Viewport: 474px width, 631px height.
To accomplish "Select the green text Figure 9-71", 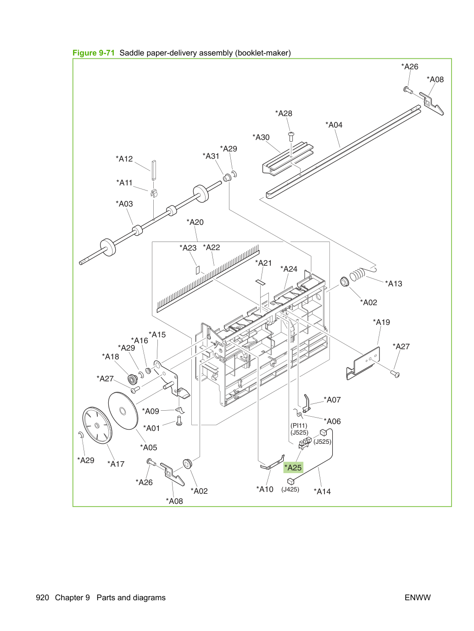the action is (94, 53).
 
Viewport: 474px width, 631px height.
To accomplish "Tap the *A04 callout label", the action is (334, 125).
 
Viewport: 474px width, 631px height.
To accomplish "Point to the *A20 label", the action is (195, 222).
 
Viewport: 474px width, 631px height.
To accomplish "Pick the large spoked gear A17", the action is (97, 425).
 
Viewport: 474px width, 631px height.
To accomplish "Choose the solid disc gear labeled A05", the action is (123, 411).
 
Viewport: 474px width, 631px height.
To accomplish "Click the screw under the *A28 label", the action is (291, 136).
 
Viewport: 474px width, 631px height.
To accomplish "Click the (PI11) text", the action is (299, 425).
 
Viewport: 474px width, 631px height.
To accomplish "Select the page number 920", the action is (42, 597).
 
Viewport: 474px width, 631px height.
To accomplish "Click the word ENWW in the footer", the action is (418, 597).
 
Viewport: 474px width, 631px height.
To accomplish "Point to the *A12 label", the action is (124, 159).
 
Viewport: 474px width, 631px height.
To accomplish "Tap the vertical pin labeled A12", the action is (154, 170).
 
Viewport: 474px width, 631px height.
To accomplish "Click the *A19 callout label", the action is (381, 322).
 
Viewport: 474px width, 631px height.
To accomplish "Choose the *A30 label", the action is (261, 137).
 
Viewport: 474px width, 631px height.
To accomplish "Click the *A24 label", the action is (289, 269).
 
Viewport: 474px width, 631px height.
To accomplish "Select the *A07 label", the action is (332, 400).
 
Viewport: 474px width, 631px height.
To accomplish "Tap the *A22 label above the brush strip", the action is (211, 247).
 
